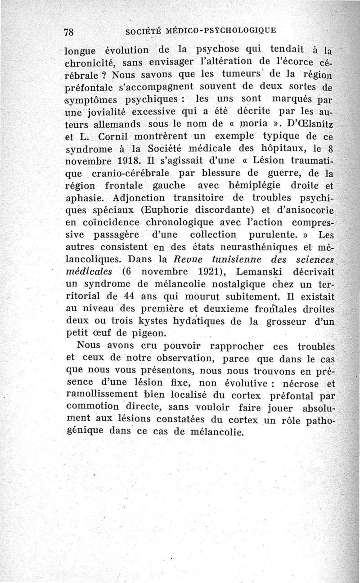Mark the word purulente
point(274,234)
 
